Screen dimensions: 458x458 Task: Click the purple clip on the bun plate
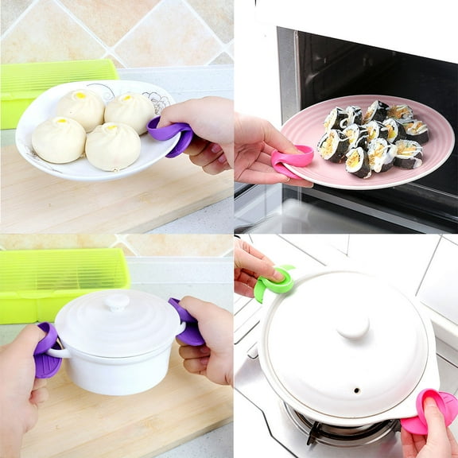[172, 134]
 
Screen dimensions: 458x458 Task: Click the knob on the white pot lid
[117, 302]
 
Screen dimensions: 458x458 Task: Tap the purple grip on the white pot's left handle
[46, 351]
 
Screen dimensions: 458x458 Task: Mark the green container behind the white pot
[56, 282]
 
